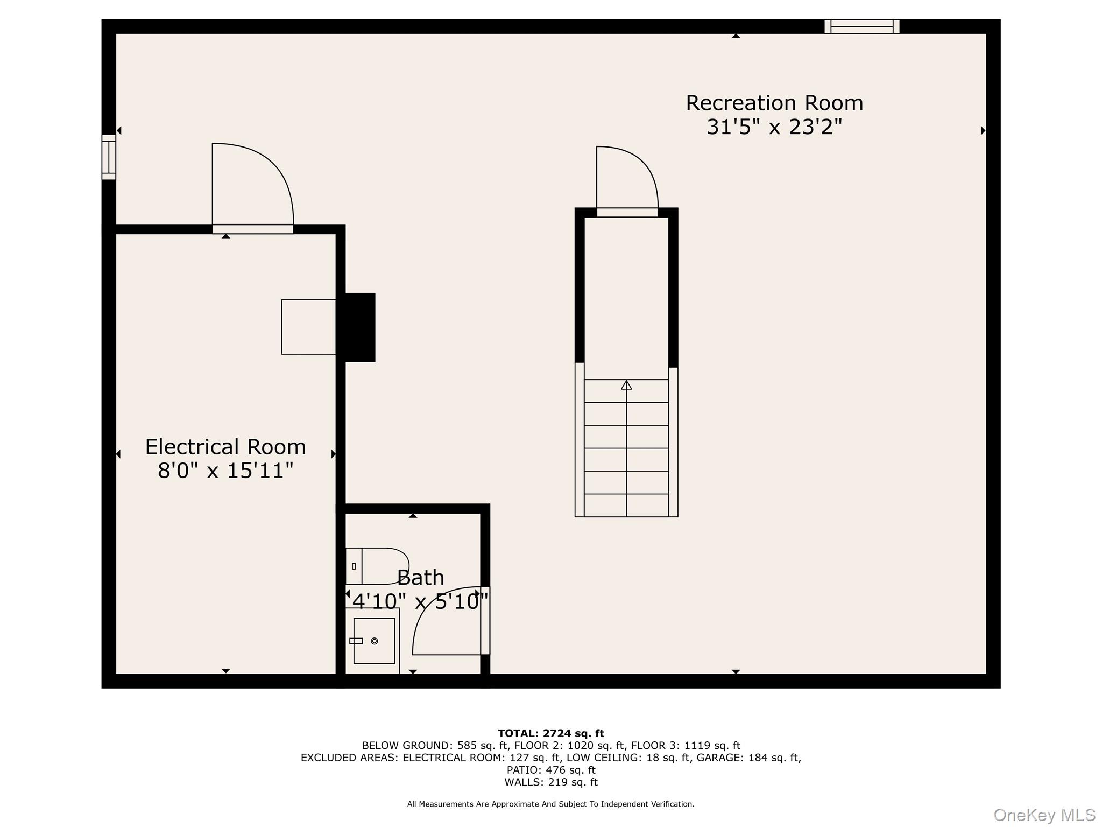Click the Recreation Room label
coord(774,103)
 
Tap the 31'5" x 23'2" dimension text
coord(774,127)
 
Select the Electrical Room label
coord(225,447)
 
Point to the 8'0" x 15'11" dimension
coord(225,471)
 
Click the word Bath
coord(421,578)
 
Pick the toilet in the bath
coord(377,566)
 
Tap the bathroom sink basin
coord(374,641)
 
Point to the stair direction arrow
coord(626,385)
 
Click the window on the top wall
coord(862,26)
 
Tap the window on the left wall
coord(109,157)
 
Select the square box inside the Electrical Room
coord(308,327)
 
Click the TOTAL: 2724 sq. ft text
coord(551,733)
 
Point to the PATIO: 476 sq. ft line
coord(551,770)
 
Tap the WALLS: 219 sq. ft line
coord(551,782)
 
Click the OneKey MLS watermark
coord(1044,815)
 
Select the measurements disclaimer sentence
coord(551,804)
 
